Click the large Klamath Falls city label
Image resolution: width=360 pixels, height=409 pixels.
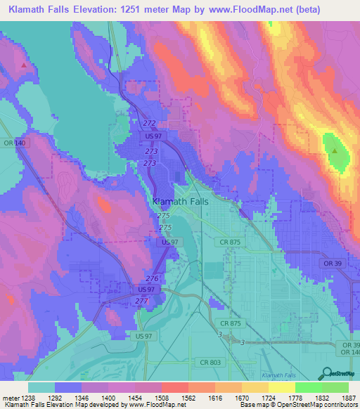179,201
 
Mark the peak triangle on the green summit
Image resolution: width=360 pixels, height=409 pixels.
335,150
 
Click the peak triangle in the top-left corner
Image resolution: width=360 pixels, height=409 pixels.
25,65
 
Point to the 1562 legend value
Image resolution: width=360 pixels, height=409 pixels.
187,398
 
